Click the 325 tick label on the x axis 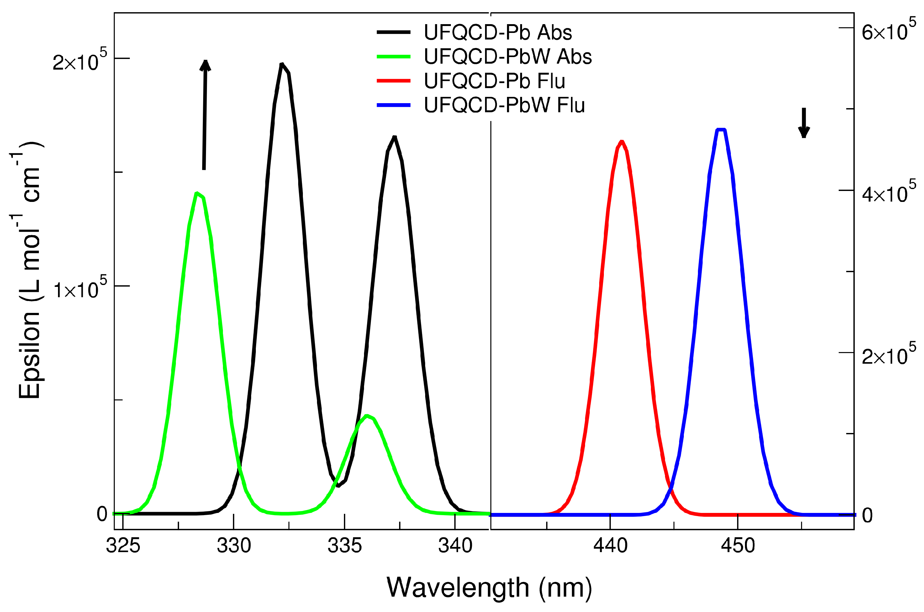123,546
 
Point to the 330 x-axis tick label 234,546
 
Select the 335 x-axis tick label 345,546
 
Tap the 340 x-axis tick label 455,546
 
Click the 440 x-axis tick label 610,546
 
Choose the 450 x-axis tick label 738,546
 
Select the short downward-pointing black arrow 804,123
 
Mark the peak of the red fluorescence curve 622,142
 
